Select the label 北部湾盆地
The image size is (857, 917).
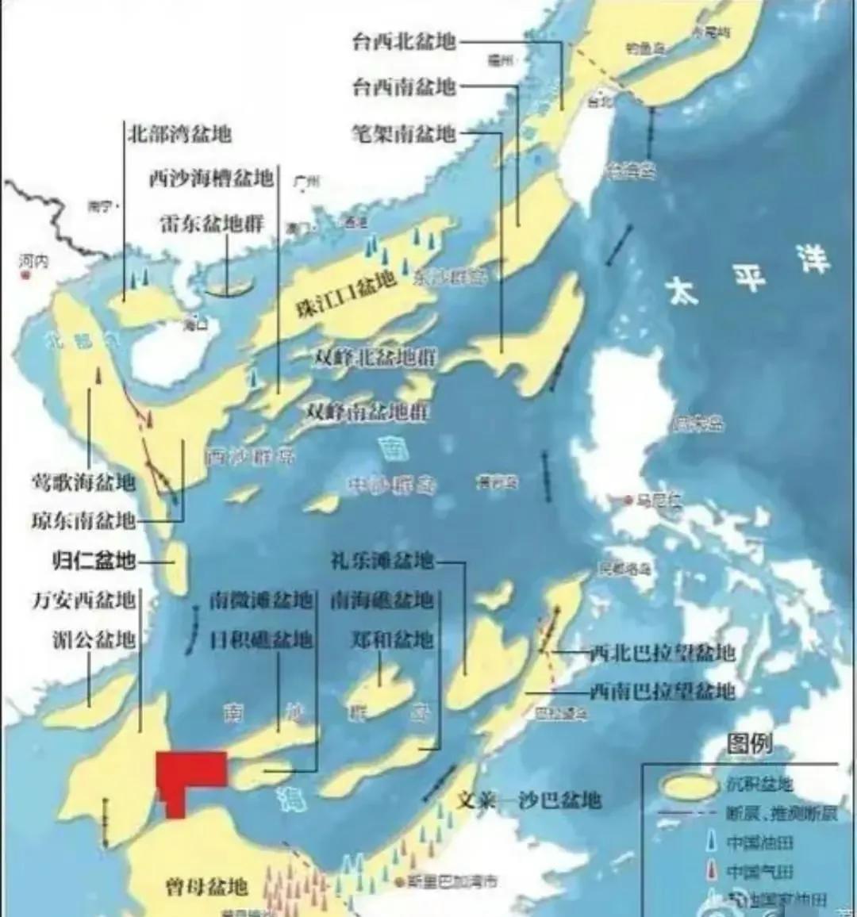click(x=179, y=133)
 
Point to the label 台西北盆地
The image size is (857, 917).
click(x=404, y=41)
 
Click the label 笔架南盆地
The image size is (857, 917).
click(x=404, y=132)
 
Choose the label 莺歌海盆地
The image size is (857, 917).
click(x=83, y=482)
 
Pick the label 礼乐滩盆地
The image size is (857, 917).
click(x=382, y=560)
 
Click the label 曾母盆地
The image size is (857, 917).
click(x=206, y=886)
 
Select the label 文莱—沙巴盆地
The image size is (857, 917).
click(x=528, y=800)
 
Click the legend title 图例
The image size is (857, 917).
click(x=749, y=743)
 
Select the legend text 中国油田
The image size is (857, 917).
click(x=759, y=842)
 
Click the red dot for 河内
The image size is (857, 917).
click(x=25, y=274)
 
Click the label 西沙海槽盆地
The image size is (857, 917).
click(x=211, y=178)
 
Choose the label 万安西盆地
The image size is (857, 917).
click(x=83, y=600)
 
